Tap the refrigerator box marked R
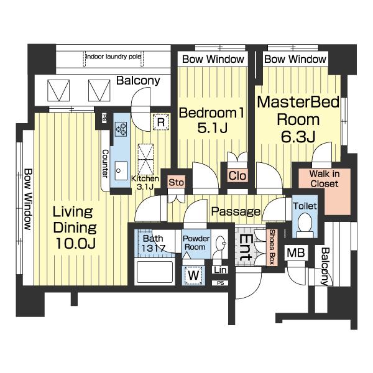coord(161,122)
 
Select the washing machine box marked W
coord(193,275)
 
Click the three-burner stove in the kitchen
coord(121,129)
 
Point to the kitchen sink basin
coord(121,170)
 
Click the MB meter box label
coord(296,252)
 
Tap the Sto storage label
coord(177,182)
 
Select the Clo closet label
coord(237,176)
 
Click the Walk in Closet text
coord(325,178)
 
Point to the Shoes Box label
coord(272,247)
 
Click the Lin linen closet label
coord(220,270)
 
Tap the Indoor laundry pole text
coord(114,57)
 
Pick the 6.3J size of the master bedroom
coord(298,137)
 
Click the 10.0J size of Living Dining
coord(76,243)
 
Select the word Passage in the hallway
coord(236,211)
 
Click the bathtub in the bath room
coord(155,272)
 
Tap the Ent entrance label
coord(245,247)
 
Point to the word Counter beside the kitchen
coord(105,163)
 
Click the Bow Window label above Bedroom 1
coord(213,59)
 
